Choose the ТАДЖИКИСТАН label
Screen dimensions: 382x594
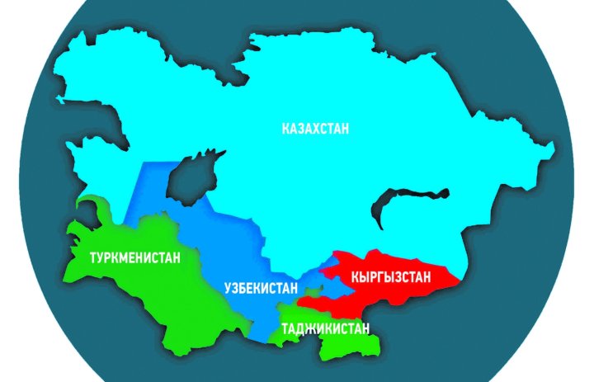[x=324, y=328]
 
